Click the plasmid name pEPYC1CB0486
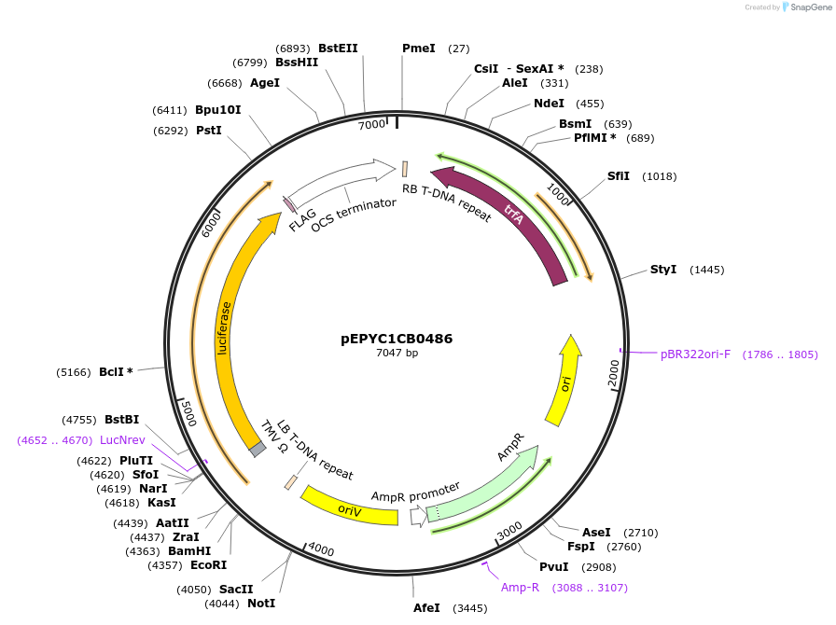click(x=397, y=339)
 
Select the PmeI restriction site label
click(x=418, y=49)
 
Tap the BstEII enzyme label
click(x=338, y=49)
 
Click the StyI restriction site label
click(x=663, y=270)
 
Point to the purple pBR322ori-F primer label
click(x=695, y=354)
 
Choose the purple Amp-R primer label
click(x=520, y=588)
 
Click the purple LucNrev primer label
click(x=122, y=439)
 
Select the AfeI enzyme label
click(x=426, y=608)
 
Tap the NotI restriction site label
click(x=261, y=604)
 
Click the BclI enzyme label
click(x=116, y=371)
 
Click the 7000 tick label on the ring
click(x=371, y=124)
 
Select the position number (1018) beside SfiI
click(x=660, y=176)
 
